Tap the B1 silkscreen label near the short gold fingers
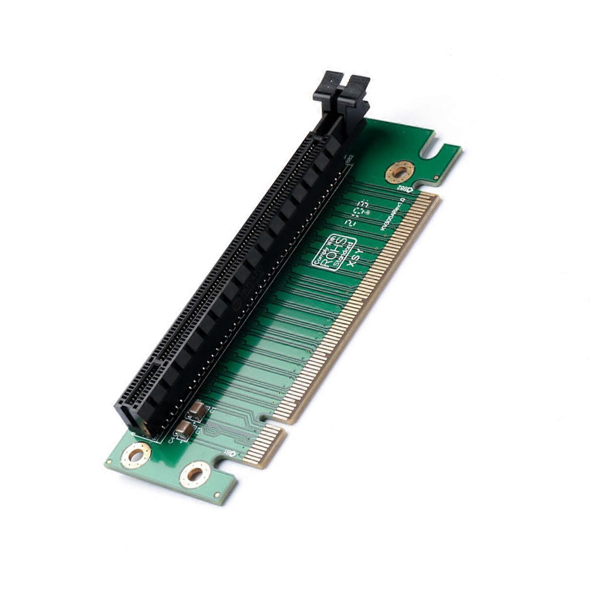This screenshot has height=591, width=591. pyautogui.click(x=230, y=453)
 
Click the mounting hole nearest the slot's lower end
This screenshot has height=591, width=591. pyautogui.click(x=136, y=455)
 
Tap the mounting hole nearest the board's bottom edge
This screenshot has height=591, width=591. pyautogui.click(x=195, y=474)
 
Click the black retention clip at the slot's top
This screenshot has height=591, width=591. pyautogui.click(x=342, y=90)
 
